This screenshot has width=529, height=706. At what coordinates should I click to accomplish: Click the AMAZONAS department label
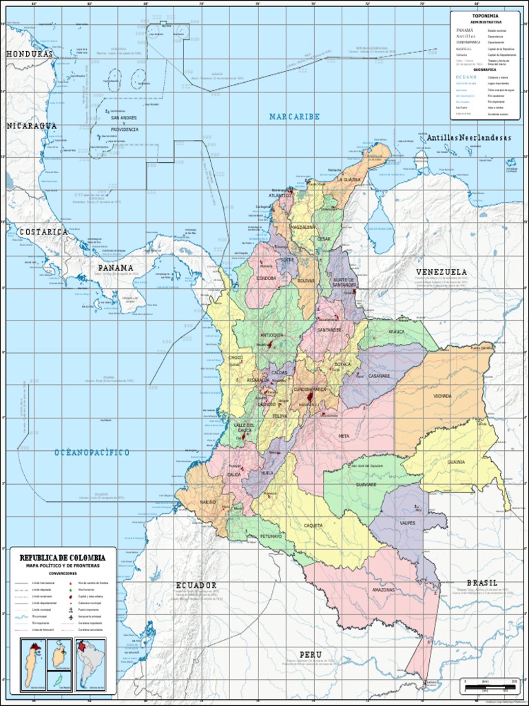pos(384,590)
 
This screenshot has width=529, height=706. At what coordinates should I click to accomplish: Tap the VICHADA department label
pos(442,396)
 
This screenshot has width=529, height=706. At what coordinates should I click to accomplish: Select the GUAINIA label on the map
pos(456,462)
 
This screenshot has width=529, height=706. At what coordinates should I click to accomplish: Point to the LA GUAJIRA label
pos(347,180)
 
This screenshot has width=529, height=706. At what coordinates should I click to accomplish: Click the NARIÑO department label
pos(209,502)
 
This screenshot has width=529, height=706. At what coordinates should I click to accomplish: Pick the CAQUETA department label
pos(313,525)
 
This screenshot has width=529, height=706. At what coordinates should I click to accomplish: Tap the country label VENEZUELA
pos(442,272)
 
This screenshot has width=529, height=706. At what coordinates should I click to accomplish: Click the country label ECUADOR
pos(196,585)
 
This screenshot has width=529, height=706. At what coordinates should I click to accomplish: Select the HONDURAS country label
pos(29,54)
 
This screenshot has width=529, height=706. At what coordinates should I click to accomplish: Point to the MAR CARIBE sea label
pos(294,117)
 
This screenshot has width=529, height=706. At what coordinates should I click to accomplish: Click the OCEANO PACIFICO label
pos(92,452)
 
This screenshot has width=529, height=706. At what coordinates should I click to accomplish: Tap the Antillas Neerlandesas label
pos(468,138)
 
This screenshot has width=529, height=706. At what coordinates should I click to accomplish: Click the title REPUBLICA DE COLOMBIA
pos(62,557)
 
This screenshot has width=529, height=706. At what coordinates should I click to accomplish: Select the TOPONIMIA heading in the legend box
pos(485,16)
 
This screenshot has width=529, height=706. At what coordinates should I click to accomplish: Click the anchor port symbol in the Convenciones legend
pos(71,609)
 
